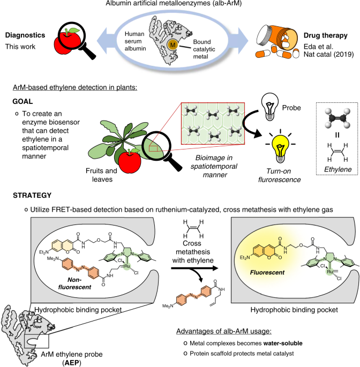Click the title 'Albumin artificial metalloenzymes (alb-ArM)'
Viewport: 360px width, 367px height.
click(181, 5)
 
